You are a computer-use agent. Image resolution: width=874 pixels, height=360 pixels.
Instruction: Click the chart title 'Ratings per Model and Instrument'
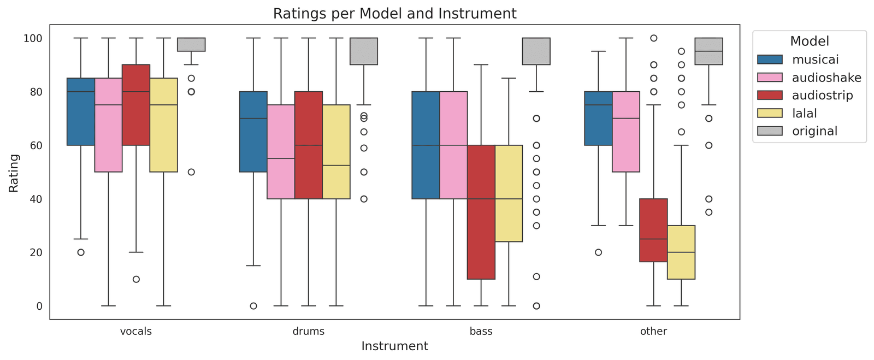(394, 14)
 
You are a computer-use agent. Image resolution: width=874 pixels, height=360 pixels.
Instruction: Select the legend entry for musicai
(815, 60)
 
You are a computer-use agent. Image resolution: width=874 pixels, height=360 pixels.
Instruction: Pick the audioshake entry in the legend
(826, 78)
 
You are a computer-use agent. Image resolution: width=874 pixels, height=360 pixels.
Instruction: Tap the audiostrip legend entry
(822, 96)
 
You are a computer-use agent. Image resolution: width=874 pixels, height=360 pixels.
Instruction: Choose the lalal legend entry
(804, 114)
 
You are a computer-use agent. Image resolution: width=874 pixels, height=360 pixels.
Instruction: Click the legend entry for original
(814, 131)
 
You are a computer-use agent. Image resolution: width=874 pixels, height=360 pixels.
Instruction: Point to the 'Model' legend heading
(810, 42)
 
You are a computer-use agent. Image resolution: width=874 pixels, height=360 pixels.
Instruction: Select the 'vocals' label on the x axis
(136, 331)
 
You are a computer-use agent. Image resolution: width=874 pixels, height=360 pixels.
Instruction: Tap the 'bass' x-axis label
(481, 331)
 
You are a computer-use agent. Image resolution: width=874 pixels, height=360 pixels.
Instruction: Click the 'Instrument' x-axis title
(394, 346)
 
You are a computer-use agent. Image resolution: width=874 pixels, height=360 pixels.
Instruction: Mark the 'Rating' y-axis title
(14, 173)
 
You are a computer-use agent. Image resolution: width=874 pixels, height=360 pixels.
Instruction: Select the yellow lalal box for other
(681, 252)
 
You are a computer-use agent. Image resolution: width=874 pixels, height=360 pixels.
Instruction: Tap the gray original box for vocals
(191, 45)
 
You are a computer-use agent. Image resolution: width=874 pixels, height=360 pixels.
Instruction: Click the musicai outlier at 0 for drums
(253, 306)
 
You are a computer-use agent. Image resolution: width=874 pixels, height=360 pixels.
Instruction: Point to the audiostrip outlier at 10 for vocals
(136, 279)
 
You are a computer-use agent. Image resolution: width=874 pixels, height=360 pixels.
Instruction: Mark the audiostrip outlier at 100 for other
(653, 38)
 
